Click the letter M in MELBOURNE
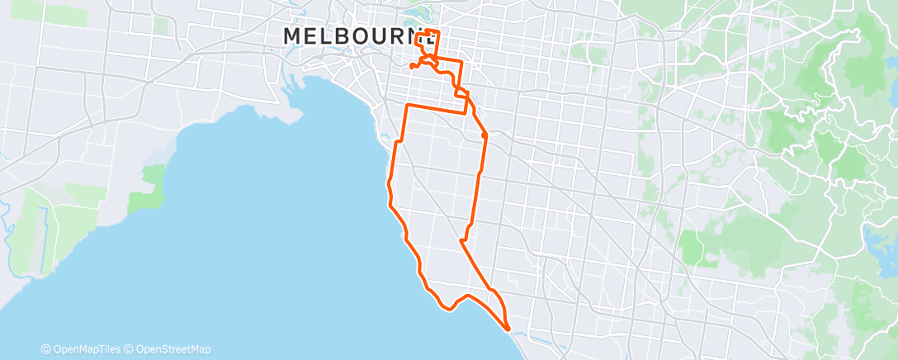coord(293,36)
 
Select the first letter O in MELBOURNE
coord(363,36)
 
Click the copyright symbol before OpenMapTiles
coord(46,349)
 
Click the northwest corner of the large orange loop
coord(407,106)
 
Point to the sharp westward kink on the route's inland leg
coord(461,241)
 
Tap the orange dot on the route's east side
coord(484,135)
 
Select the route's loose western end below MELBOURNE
coord(411,66)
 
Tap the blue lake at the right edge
coord(881,239)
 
